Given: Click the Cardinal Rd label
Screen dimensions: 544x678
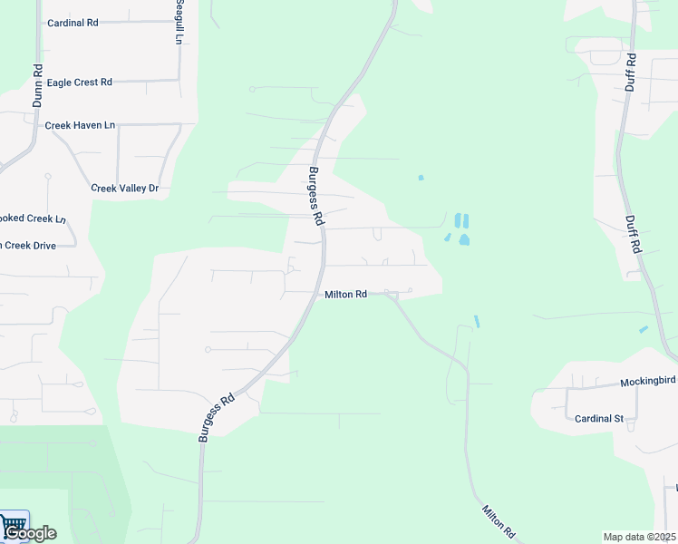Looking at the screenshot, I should click(x=73, y=23).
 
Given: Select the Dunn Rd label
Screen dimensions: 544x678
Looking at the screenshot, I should click(x=38, y=86).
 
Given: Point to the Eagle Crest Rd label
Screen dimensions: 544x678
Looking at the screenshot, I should click(x=80, y=83).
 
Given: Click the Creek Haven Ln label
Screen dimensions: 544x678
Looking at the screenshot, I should click(x=80, y=125).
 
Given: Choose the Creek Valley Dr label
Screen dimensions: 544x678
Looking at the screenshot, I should click(x=125, y=189).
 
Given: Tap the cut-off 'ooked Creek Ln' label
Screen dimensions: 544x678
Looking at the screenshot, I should click(x=33, y=219).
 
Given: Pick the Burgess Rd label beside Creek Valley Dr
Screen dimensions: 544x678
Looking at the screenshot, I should click(x=315, y=196).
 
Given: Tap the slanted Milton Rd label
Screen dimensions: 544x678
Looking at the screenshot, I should click(x=499, y=522).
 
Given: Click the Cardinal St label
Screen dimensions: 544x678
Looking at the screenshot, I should click(x=599, y=419).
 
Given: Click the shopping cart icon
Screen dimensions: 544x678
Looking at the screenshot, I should click(x=14, y=524).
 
